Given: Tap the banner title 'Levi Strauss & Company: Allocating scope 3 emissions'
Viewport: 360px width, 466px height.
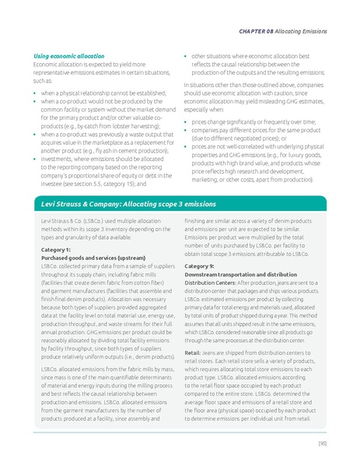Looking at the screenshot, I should pyautogui.click(x=128, y=204).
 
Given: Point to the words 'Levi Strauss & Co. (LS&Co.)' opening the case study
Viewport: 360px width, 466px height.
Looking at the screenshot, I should pyautogui.click(x=72, y=222).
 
